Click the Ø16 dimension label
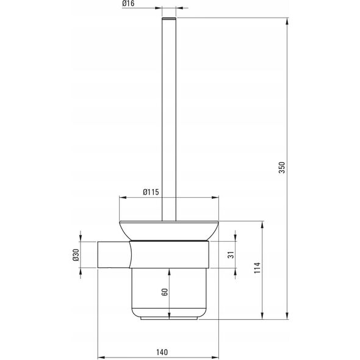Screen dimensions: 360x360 pos(128,4)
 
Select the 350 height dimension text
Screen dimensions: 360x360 pos(282,167)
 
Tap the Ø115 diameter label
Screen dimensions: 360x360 pos(151,192)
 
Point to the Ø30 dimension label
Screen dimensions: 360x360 pos(76,255)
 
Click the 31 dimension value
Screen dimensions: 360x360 pos(231,255)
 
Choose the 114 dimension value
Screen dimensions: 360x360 pos(257,268)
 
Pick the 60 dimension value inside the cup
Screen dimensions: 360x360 pos(165,292)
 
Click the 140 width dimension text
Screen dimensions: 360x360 pos(162,352)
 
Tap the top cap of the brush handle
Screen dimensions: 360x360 pos(169,19)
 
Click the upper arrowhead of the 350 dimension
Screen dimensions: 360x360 pos(287,21)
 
